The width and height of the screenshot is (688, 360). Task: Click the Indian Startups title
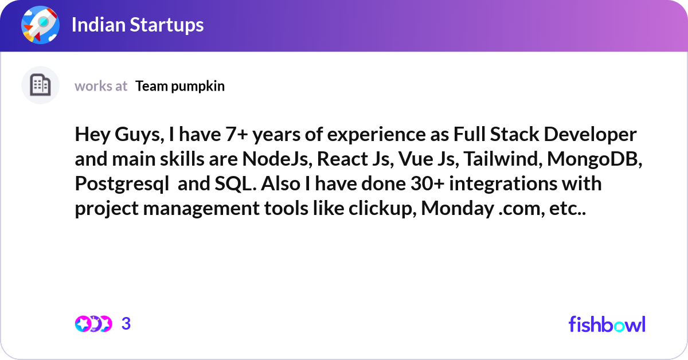(x=138, y=25)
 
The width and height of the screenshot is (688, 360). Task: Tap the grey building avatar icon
(x=40, y=85)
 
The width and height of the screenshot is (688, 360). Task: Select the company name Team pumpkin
(x=180, y=86)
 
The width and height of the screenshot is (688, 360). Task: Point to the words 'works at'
(x=101, y=86)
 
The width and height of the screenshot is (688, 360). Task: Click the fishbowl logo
(x=607, y=324)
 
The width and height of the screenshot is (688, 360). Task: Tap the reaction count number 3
(x=126, y=324)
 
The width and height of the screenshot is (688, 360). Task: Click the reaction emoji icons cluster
(x=93, y=324)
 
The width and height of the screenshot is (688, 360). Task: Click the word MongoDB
(x=594, y=159)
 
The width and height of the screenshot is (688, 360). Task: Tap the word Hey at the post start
(x=91, y=135)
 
